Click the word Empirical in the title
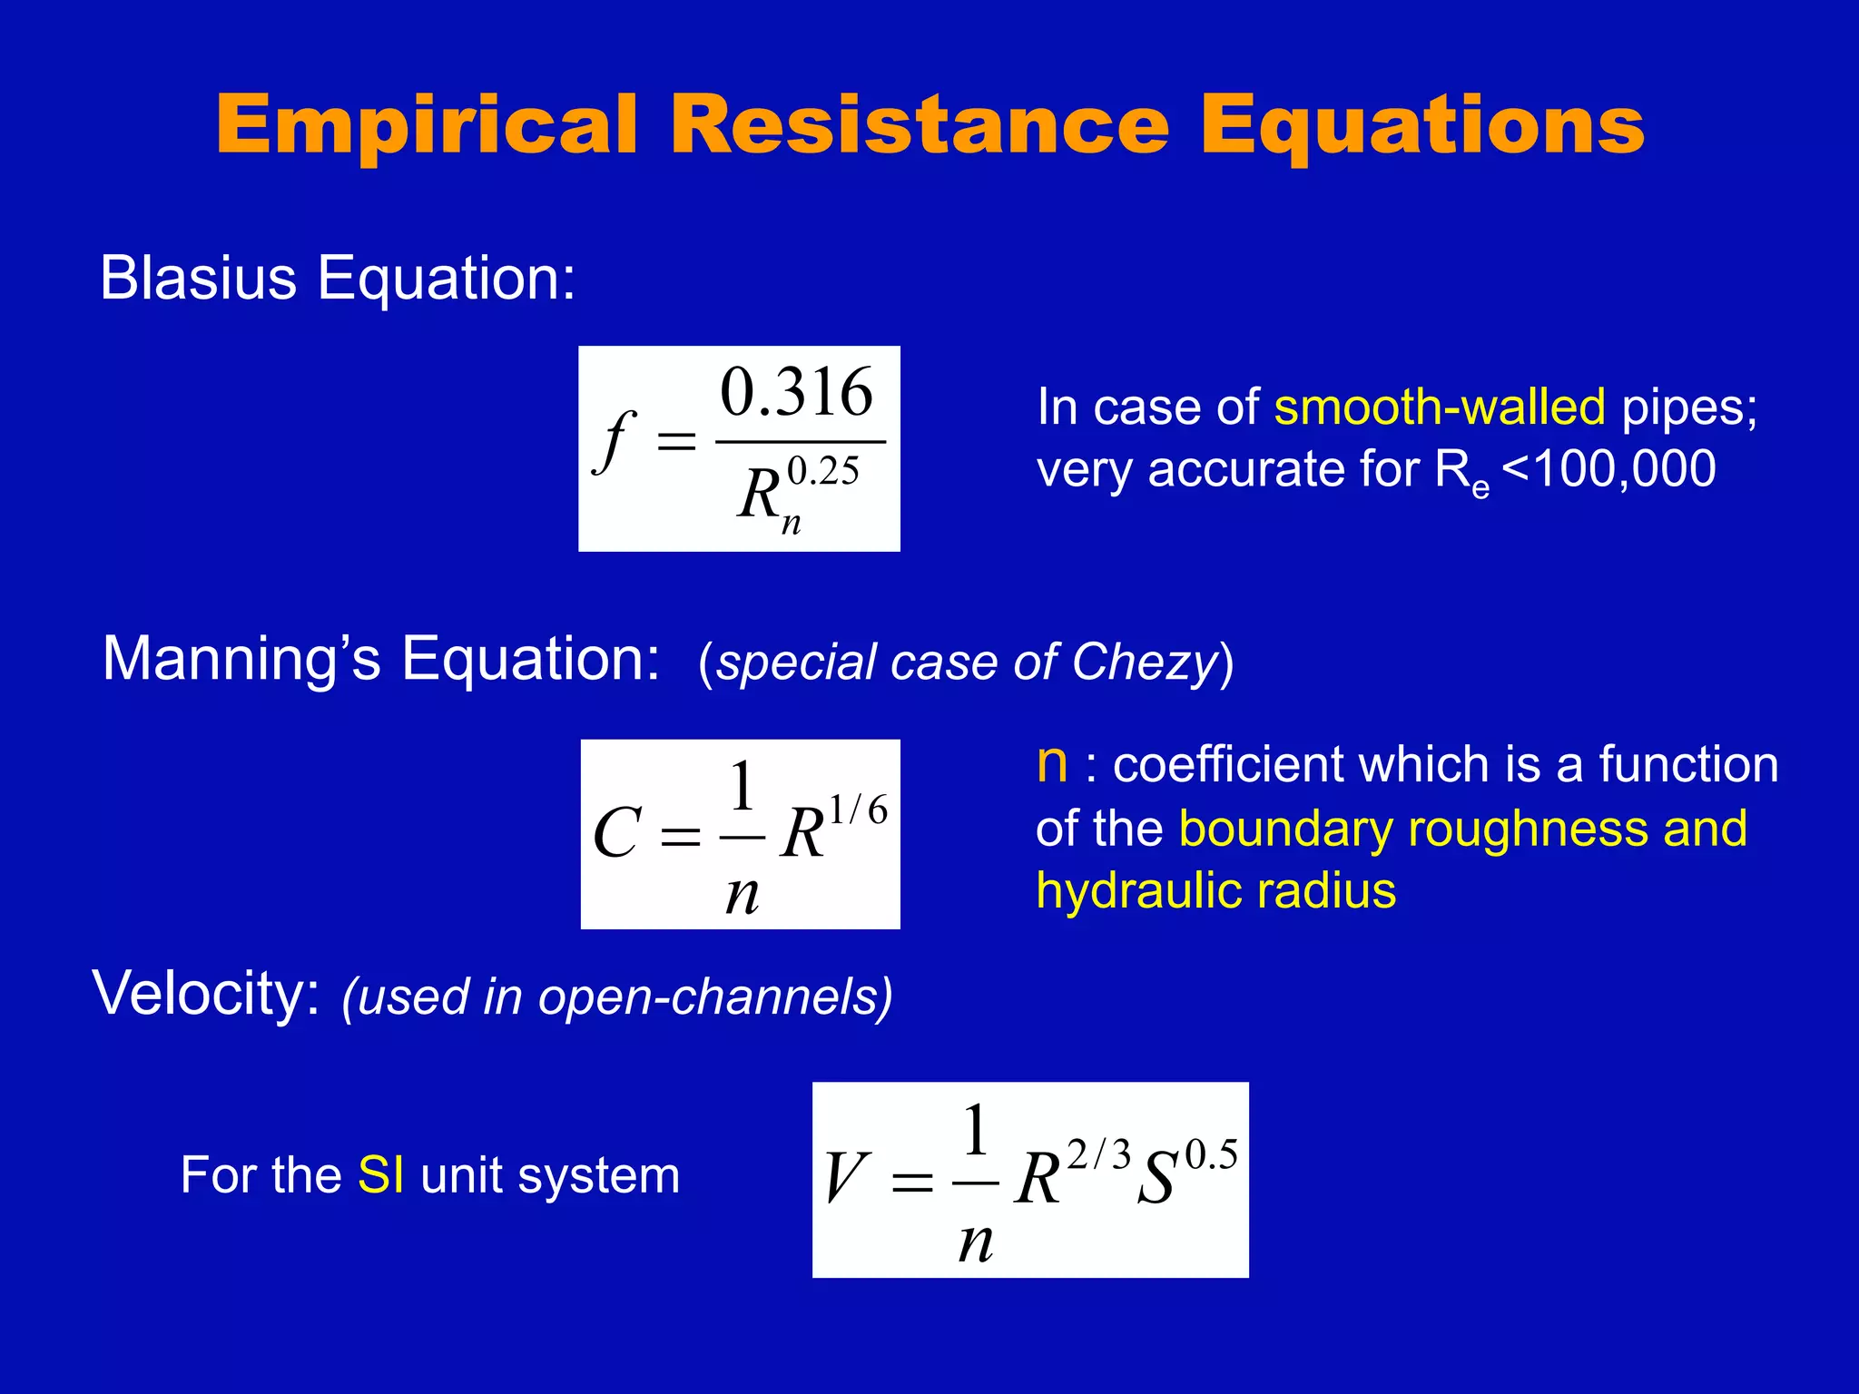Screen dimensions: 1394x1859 (x=427, y=125)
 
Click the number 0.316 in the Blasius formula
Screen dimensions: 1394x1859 (x=796, y=392)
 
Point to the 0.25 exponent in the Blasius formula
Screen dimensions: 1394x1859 (x=822, y=471)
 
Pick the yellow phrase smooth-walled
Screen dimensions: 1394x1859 (x=1439, y=407)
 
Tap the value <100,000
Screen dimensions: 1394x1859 (x=1608, y=469)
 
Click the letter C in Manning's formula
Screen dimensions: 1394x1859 (x=617, y=833)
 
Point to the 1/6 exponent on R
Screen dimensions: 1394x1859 (x=858, y=810)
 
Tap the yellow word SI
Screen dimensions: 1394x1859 (x=380, y=1175)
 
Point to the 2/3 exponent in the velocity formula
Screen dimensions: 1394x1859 (x=1098, y=1155)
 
